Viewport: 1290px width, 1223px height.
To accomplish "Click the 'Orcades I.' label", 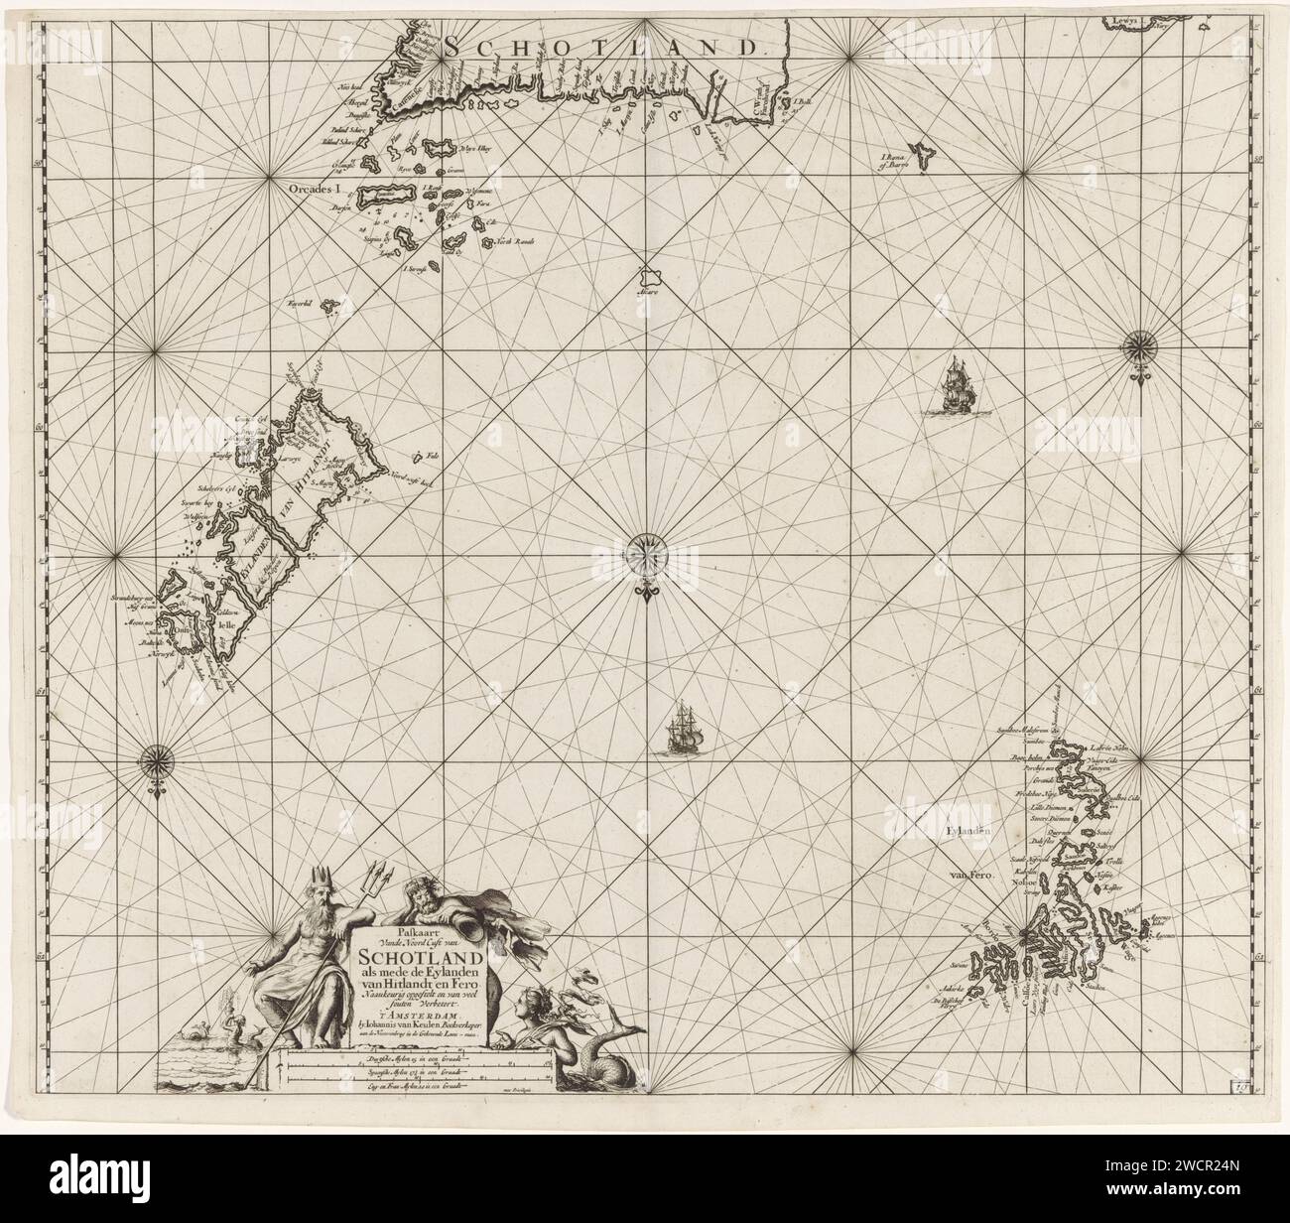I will click(309, 187).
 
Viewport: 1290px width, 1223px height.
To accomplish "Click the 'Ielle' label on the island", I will click(222, 627).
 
